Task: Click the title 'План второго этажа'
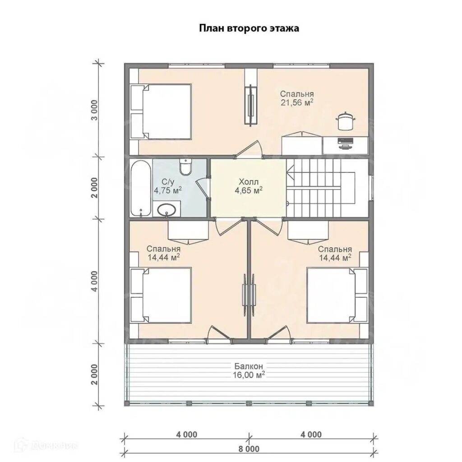[x=249, y=28]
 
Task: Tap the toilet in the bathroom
[x=185, y=167]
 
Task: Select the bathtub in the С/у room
[x=141, y=189]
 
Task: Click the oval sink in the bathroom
[x=167, y=210]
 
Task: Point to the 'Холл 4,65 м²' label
[x=249, y=185]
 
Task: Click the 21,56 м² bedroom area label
[x=297, y=98]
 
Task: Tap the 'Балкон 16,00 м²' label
[x=249, y=371]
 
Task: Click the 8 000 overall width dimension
[x=249, y=449]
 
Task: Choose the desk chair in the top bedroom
[x=345, y=121]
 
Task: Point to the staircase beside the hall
[x=321, y=189]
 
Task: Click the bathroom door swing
[x=202, y=189]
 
